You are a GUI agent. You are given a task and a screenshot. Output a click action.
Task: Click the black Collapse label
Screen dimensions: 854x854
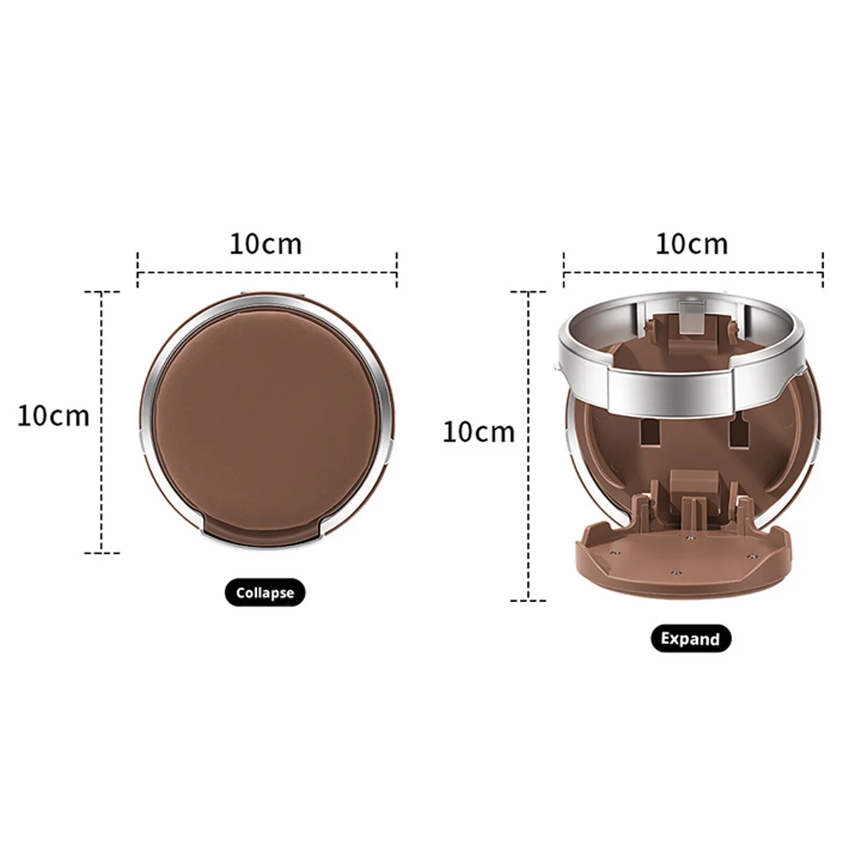tap(265, 592)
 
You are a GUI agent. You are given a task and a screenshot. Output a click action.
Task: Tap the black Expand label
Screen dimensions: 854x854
tap(691, 638)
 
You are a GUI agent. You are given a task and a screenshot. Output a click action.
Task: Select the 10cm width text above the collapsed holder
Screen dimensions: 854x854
tap(266, 244)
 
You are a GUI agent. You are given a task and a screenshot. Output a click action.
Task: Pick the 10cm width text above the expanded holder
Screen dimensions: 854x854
tap(692, 244)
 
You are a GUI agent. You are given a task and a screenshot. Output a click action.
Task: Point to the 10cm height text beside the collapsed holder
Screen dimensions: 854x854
tap(53, 416)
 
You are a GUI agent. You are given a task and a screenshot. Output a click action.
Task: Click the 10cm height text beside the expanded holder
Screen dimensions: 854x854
tap(479, 432)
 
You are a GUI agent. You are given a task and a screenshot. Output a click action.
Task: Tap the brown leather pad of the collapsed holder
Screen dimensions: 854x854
tap(266, 416)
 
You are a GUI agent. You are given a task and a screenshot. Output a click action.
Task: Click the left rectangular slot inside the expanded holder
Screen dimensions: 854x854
tap(649, 431)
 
